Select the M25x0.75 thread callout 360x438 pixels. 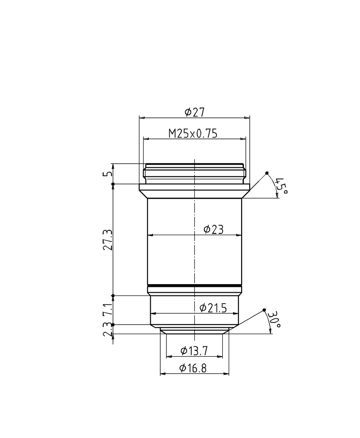(x=193, y=134)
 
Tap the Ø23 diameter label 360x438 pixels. (x=213, y=229)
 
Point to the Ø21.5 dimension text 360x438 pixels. (x=212, y=308)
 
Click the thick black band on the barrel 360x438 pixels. (x=195, y=286)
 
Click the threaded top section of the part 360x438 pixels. (x=195, y=173)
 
